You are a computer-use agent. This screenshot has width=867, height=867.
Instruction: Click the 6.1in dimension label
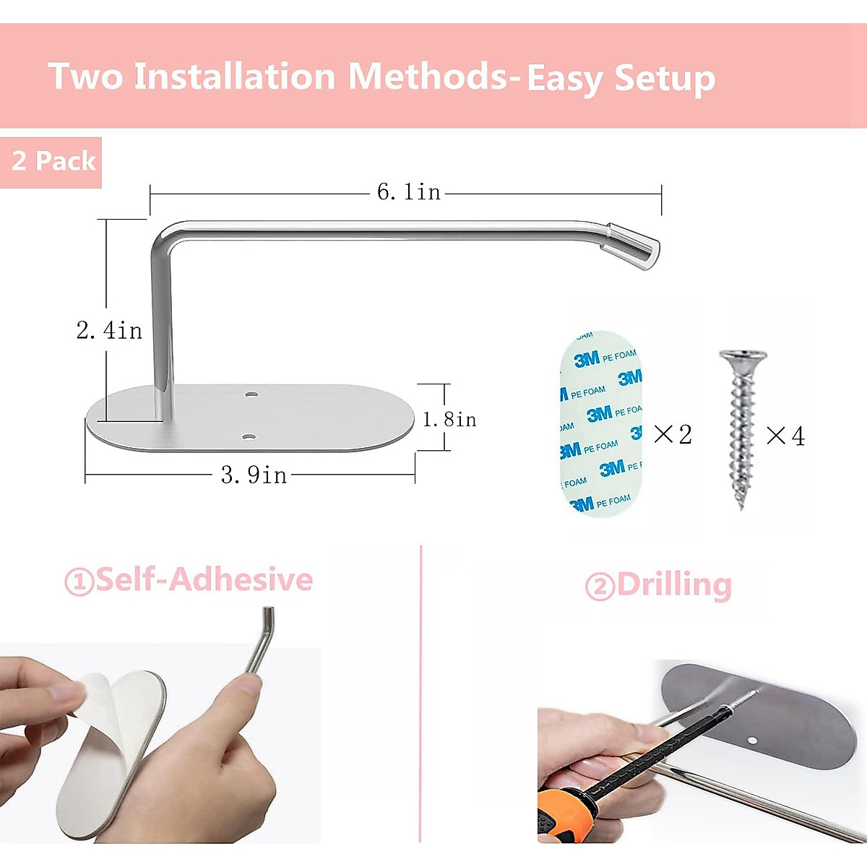pyautogui.click(x=409, y=192)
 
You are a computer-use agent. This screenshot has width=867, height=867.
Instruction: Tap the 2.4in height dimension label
pyautogui.click(x=109, y=331)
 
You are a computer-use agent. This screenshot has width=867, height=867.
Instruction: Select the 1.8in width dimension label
pyautogui.click(x=449, y=419)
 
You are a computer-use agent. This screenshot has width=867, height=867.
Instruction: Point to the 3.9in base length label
pyautogui.click(x=254, y=475)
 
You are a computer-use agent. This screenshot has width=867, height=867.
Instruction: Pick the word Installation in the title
pyautogui.click(x=235, y=77)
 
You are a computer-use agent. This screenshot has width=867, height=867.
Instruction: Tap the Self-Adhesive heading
pyautogui.click(x=204, y=579)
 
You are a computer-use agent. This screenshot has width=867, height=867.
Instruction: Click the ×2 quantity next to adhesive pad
pyautogui.click(x=673, y=434)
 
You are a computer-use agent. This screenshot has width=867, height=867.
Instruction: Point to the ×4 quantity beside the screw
pyautogui.click(x=785, y=436)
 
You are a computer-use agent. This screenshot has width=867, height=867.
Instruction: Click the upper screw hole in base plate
pyautogui.click(x=251, y=394)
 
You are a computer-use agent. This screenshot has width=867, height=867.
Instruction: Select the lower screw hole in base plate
pyautogui.click(x=248, y=437)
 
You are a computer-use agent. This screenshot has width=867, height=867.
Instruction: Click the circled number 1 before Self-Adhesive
pyautogui.click(x=79, y=582)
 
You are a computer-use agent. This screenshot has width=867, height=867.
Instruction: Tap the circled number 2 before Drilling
pyautogui.click(x=600, y=587)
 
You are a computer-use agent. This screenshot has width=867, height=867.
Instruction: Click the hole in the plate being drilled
pyautogui.click(x=752, y=741)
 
